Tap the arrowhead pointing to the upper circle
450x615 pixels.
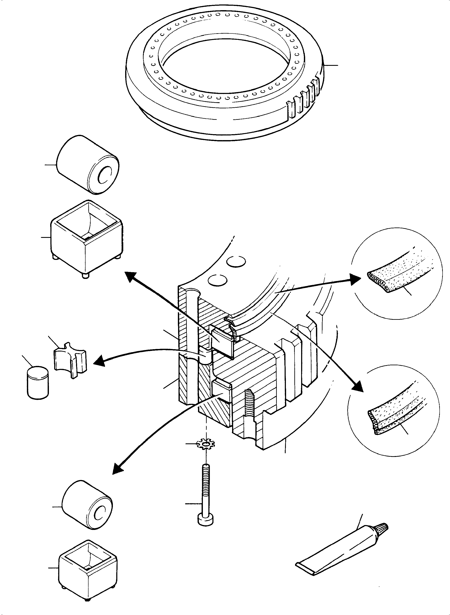tap(356, 279)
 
